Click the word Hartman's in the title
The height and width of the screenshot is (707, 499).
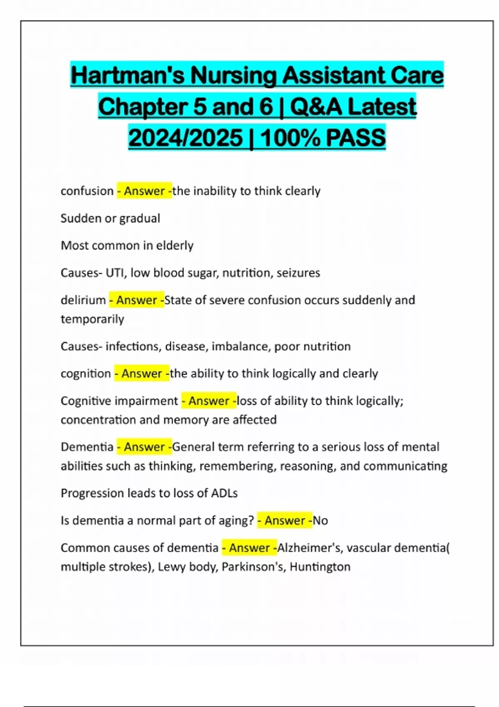click(x=127, y=76)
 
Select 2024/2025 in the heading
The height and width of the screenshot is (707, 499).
click(x=185, y=138)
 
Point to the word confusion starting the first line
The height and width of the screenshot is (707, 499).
click(x=87, y=191)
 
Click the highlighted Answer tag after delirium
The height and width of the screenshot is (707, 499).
click(x=136, y=300)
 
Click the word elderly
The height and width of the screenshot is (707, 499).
click(x=175, y=245)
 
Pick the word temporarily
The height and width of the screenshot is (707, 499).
click(x=92, y=319)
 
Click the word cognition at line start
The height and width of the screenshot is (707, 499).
click(x=86, y=373)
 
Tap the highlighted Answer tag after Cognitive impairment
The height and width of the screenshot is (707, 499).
click(x=209, y=401)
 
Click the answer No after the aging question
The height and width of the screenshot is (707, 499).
click(x=320, y=521)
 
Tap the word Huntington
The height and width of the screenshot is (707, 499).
click(x=320, y=567)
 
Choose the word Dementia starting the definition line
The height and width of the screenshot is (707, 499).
click(x=87, y=447)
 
